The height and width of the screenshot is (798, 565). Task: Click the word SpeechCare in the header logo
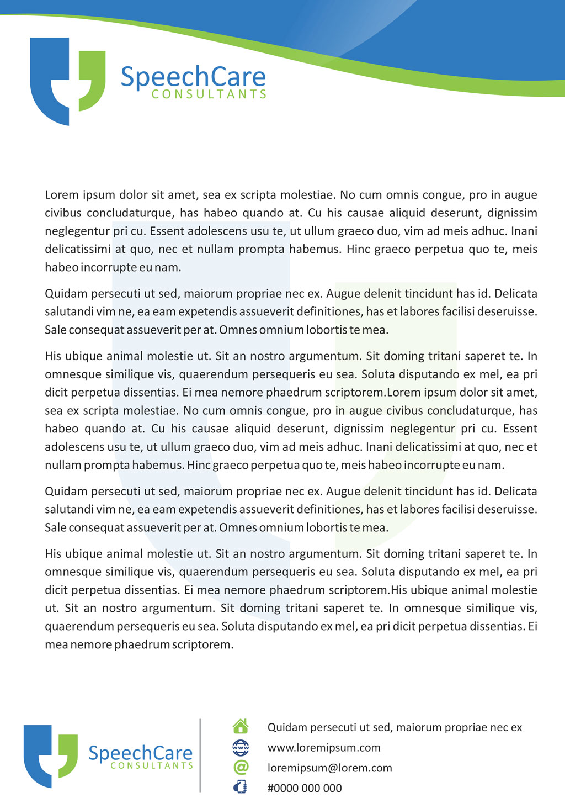pos(193,77)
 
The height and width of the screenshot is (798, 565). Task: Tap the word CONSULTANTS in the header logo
pos(209,94)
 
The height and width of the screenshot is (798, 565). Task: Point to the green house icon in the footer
pos(241,726)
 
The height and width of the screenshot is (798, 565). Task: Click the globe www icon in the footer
pos(241,747)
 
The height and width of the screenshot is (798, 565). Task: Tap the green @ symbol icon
pos(241,767)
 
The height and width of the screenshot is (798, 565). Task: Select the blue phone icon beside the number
pos(241,787)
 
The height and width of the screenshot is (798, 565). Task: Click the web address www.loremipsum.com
pos(324,748)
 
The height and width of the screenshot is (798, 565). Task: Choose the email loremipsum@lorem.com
pos(329,768)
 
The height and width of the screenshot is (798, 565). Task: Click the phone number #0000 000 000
pos(305,788)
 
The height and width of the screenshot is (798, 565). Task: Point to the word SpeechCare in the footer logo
pos(140,753)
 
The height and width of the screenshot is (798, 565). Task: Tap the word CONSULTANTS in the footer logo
pos(152,766)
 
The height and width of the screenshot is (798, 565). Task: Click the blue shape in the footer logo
pos(37,757)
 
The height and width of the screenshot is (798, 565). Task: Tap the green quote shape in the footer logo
pos(69,754)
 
